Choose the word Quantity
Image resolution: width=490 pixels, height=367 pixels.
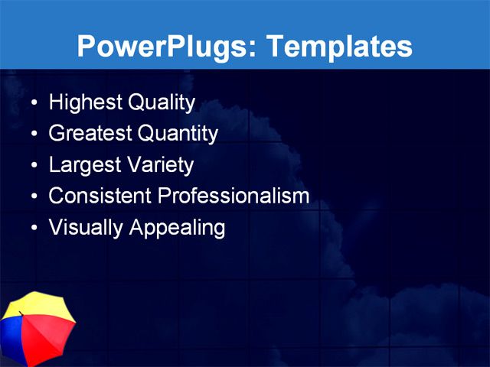[178, 134]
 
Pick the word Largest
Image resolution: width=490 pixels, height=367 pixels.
[83, 165]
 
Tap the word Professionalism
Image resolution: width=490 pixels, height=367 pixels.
[234, 196]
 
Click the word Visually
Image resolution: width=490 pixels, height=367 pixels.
[83, 228]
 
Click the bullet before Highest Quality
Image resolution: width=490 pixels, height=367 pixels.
[33, 103]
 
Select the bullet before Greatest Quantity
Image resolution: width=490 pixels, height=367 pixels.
[33, 135]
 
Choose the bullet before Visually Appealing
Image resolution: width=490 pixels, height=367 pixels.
[33, 229]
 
